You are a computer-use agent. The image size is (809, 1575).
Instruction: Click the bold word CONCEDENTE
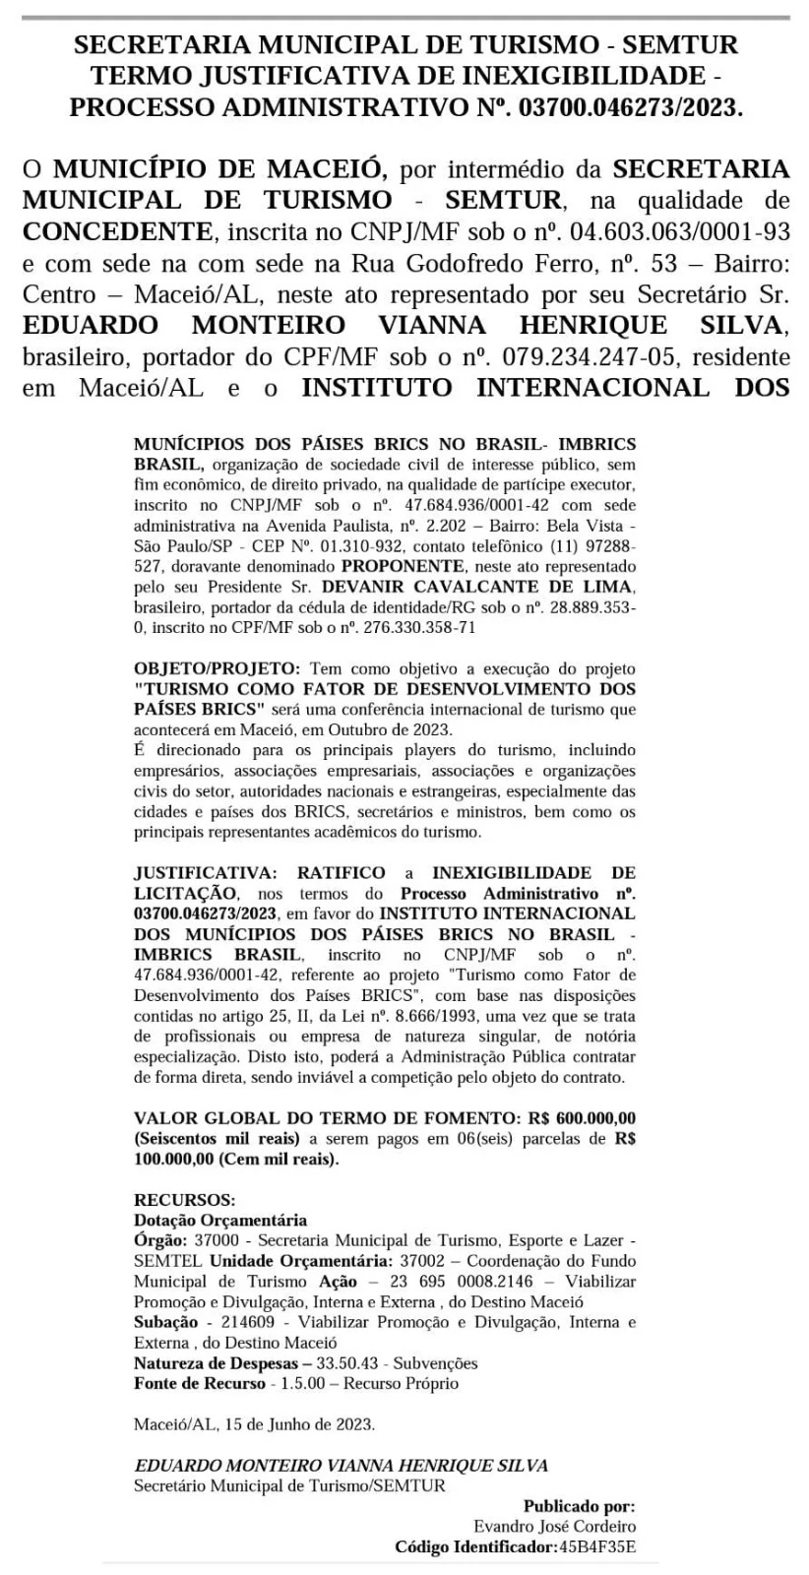click(116, 233)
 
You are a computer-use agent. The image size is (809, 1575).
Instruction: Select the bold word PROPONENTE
click(402, 567)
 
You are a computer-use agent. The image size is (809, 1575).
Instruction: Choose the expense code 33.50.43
click(349, 1363)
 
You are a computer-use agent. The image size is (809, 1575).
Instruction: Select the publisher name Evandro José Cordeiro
click(554, 1527)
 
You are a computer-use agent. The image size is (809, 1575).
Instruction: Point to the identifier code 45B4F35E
click(597, 1546)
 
